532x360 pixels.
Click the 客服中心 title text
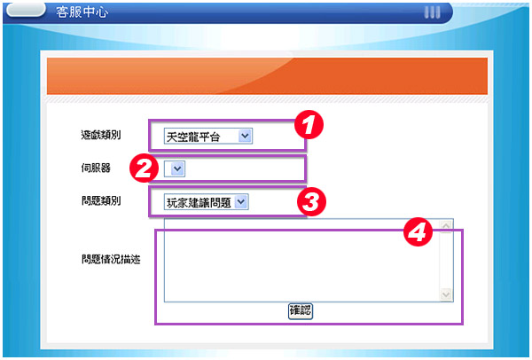click(x=82, y=12)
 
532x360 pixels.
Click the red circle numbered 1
click(x=309, y=124)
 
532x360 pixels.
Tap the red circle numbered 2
click(x=145, y=168)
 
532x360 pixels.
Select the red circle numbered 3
click(x=311, y=201)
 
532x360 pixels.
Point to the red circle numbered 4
click(x=418, y=232)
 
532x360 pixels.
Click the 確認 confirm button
click(x=301, y=311)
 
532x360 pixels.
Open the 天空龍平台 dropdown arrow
click(x=245, y=136)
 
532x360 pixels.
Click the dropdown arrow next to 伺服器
click(x=177, y=168)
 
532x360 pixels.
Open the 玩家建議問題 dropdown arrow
click(x=241, y=202)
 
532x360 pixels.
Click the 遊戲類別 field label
click(x=101, y=135)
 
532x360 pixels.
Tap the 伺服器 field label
click(x=96, y=168)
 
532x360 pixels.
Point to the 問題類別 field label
click(x=101, y=200)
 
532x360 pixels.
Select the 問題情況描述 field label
click(x=111, y=260)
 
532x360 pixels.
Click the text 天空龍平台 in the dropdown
click(x=193, y=137)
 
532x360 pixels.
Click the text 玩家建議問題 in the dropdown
click(x=199, y=202)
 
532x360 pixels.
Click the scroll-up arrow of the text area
click(x=446, y=225)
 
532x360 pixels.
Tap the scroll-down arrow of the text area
click(x=446, y=294)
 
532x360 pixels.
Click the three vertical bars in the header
click(x=433, y=12)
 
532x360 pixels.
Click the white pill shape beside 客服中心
click(x=26, y=10)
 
